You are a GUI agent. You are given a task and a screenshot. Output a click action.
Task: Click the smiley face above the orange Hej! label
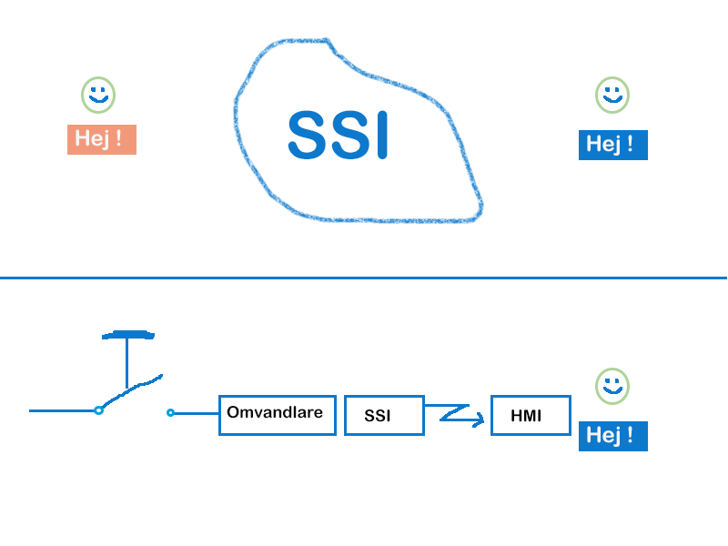click(x=98, y=94)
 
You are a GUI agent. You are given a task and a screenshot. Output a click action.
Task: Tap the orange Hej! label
click(x=101, y=139)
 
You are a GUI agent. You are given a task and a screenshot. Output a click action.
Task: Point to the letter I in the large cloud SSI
click(x=381, y=135)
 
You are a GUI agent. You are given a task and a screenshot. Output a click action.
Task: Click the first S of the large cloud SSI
click(x=307, y=135)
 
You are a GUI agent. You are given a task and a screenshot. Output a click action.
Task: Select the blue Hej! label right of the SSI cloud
click(x=612, y=145)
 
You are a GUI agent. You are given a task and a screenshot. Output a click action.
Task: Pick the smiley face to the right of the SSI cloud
click(x=612, y=95)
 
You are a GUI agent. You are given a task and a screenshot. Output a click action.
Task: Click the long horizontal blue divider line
click(x=364, y=278)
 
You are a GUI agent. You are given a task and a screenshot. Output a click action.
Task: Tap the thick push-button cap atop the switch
click(x=127, y=335)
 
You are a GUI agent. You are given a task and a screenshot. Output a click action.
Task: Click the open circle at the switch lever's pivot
click(x=98, y=410)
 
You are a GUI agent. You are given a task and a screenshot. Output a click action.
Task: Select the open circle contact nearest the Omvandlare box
click(x=170, y=413)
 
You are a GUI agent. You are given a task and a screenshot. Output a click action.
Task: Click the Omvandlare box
click(x=277, y=415)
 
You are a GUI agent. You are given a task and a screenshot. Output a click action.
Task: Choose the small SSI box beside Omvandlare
click(x=383, y=415)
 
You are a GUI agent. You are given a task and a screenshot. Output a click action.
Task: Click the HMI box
click(x=531, y=415)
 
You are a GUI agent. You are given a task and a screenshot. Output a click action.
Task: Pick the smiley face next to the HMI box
click(x=612, y=386)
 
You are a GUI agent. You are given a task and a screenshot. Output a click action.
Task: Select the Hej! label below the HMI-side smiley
click(x=612, y=436)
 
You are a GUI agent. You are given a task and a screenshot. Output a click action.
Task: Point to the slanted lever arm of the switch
click(x=132, y=391)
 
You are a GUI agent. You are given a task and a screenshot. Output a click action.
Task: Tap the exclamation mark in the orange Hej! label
click(x=118, y=139)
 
